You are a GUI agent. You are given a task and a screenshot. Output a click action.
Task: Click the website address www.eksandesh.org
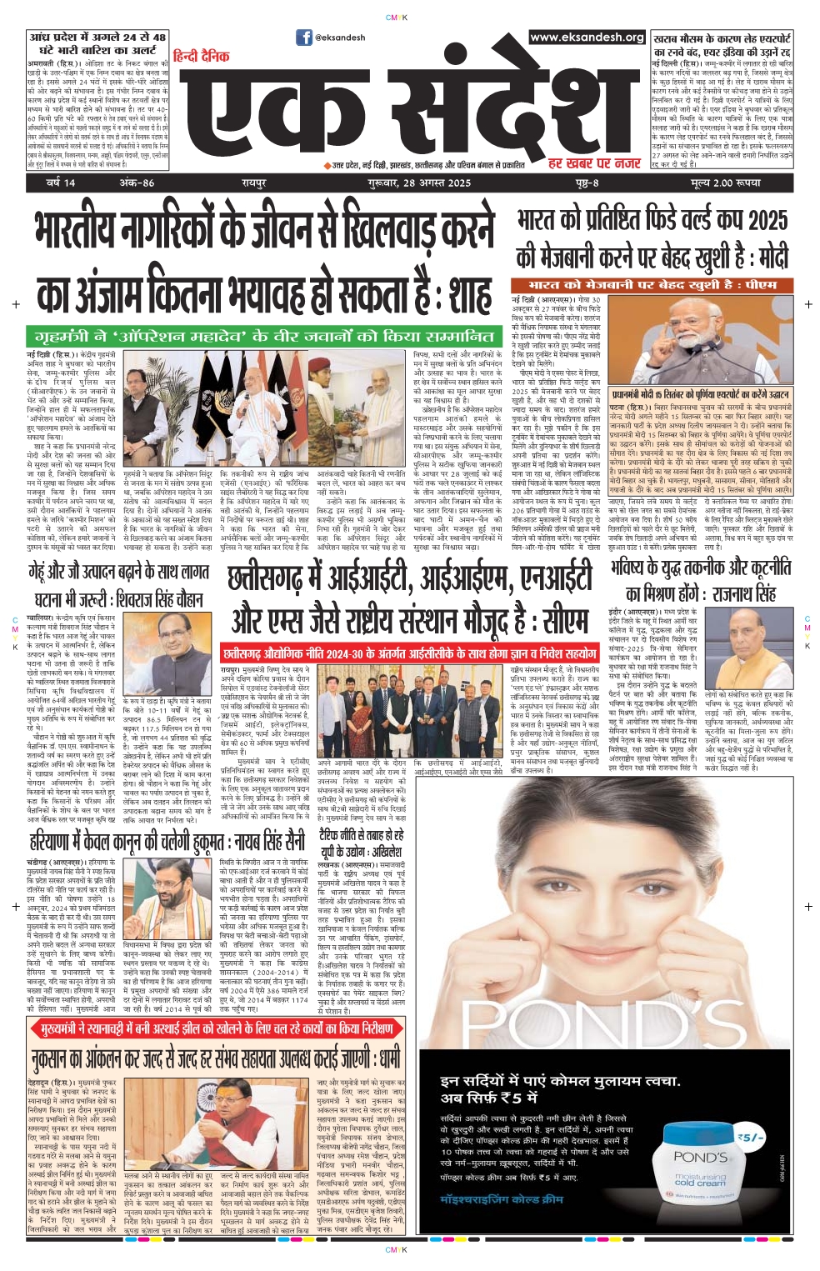[x=587, y=38]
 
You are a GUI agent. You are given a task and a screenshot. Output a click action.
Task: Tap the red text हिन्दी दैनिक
[x=201, y=56]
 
